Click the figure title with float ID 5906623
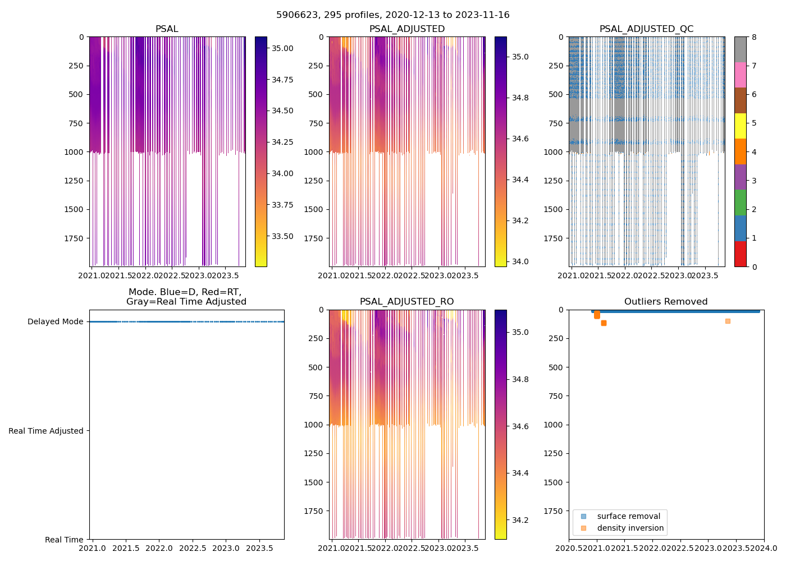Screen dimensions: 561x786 click(x=393, y=15)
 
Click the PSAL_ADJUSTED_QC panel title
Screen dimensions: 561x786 click(x=646, y=29)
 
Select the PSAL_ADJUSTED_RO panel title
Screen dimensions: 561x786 click(x=406, y=302)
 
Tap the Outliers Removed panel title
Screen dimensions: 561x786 click(x=666, y=302)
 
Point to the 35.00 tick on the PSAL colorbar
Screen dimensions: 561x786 click(x=282, y=48)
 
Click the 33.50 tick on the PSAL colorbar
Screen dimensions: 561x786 click(x=282, y=236)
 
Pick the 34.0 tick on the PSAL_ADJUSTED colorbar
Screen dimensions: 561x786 click(x=520, y=261)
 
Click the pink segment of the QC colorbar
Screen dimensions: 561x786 click(x=741, y=75)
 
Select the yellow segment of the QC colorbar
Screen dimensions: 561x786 click(x=741, y=126)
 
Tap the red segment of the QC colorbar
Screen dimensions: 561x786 click(x=741, y=254)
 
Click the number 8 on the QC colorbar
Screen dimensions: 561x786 click(x=754, y=37)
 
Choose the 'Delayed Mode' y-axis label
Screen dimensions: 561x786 click(x=55, y=321)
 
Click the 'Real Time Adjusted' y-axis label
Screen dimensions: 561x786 click(x=46, y=431)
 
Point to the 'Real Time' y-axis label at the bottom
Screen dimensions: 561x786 click(x=64, y=540)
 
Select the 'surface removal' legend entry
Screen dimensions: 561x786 click(x=628, y=516)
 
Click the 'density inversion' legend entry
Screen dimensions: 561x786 click(x=630, y=528)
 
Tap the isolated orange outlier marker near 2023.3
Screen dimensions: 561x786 click(x=728, y=321)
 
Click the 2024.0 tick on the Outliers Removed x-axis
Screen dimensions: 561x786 click(x=764, y=548)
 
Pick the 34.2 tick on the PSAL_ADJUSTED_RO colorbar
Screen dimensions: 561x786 click(x=520, y=520)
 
